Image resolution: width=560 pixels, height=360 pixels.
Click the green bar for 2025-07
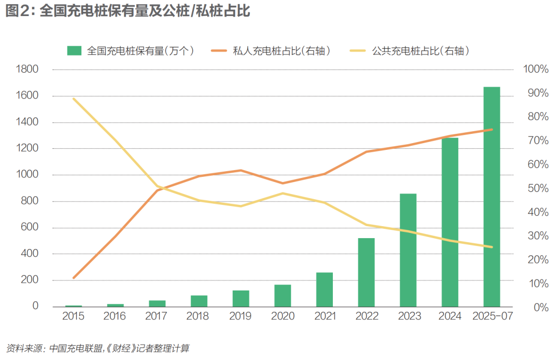pos(492,197)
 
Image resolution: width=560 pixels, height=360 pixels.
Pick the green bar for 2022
pos(366,272)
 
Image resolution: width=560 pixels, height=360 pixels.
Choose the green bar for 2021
pos(325,289)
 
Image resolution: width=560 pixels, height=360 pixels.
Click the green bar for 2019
pos(241,298)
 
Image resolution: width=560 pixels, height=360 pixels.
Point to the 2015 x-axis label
pos(73,316)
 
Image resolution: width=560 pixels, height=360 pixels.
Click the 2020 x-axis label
pos(283,316)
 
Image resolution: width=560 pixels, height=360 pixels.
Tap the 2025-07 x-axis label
pos(492,316)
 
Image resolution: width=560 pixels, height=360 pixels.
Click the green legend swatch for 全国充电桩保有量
pos(75,50)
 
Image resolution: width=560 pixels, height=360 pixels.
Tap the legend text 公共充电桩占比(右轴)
pos(421,50)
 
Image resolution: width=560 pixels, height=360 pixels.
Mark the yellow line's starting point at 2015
pos(74,99)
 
